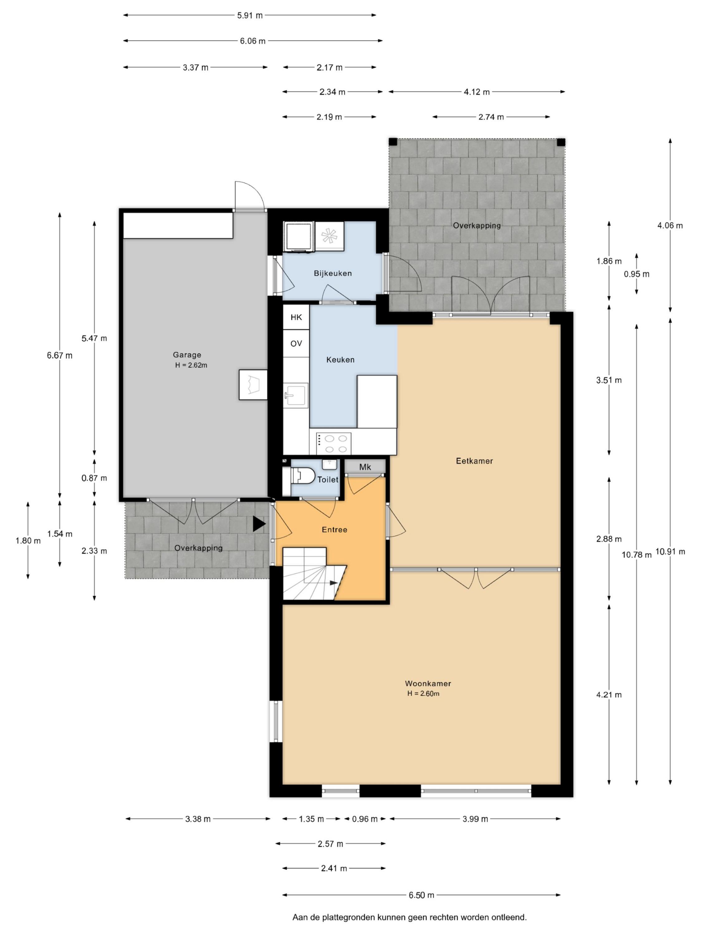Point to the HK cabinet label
coord(296,317)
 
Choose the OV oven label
coord(296,344)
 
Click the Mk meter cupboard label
coord(365,467)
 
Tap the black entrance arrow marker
coord(259,524)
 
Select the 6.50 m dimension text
coord(421,895)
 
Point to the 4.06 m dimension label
coord(670,225)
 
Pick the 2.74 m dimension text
coord(491,117)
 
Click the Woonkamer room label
coord(428,683)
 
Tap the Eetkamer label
coord(474,461)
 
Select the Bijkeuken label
coord(332,273)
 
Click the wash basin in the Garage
coord(253,385)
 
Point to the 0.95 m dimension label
coord(636,274)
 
